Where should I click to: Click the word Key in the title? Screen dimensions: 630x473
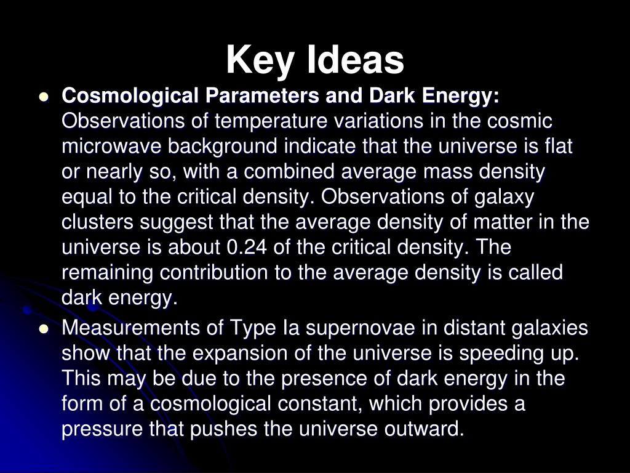pyautogui.click(x=260, y=60)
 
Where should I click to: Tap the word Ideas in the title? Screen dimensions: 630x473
pyautogui.click(x=356, y=60)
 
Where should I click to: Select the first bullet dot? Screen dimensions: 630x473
pyautogui.click(x=44, y=97)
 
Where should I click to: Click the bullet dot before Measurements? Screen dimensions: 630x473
pyautogui.click(x=44, y=329)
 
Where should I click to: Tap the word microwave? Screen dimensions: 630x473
pyautogui.click(x=111, y=147)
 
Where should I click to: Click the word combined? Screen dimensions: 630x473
pyautogui.click(x=289, y=171)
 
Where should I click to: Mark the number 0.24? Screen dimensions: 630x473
pyautogui.click(x=247, y=247)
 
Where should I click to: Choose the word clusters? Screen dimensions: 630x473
pyautogui.click(x=97, y=222)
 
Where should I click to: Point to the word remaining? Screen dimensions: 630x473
pyautogui.click(x=107, y=273)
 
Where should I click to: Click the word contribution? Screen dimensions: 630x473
pyautogui.click(x=213, y=272)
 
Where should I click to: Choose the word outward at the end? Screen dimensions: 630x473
pyautogui.click(x=424, y=429)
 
